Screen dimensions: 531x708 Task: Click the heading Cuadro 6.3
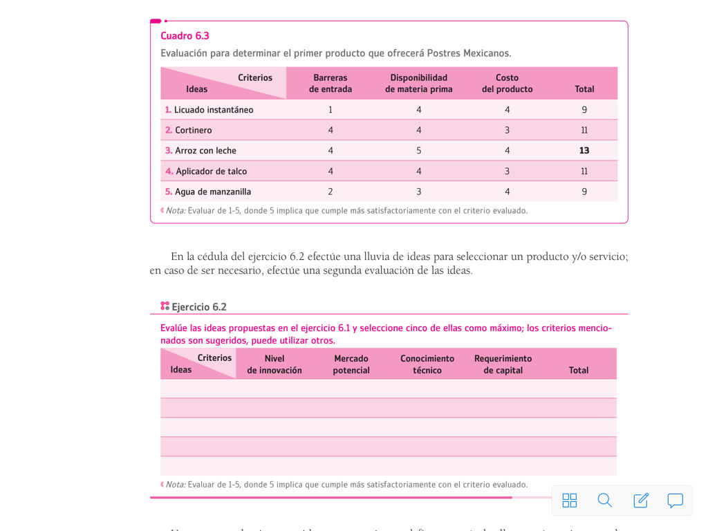click(185, 36)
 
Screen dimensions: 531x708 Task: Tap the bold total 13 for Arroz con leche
click(584, 151)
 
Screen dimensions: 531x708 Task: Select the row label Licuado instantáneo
click(213, 110)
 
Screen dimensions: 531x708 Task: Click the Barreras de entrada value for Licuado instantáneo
click(330, 110)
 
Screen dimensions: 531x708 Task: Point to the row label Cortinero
click(193, 130)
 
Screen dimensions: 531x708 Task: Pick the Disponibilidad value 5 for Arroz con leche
click(419, 151)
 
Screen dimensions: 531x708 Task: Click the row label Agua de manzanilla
click(212, 192)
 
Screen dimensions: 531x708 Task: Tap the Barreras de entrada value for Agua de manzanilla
click(330, 192)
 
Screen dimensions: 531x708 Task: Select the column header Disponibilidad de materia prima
click(419, 83)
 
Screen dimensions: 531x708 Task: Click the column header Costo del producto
click(507, 83)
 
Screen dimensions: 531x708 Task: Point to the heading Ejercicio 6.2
click(198, 307)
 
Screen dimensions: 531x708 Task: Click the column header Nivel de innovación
click(274, 364)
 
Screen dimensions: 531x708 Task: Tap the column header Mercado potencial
click(351, 364)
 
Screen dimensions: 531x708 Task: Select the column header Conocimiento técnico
click(427, 364)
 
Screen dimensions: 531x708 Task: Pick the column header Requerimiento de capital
click(503, 364)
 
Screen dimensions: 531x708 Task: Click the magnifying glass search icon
click(605, 501)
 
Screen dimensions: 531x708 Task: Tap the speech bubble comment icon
click(676, 501)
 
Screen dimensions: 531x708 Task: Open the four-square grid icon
click(570, 501)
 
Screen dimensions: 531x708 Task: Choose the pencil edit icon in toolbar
click(641, 501)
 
